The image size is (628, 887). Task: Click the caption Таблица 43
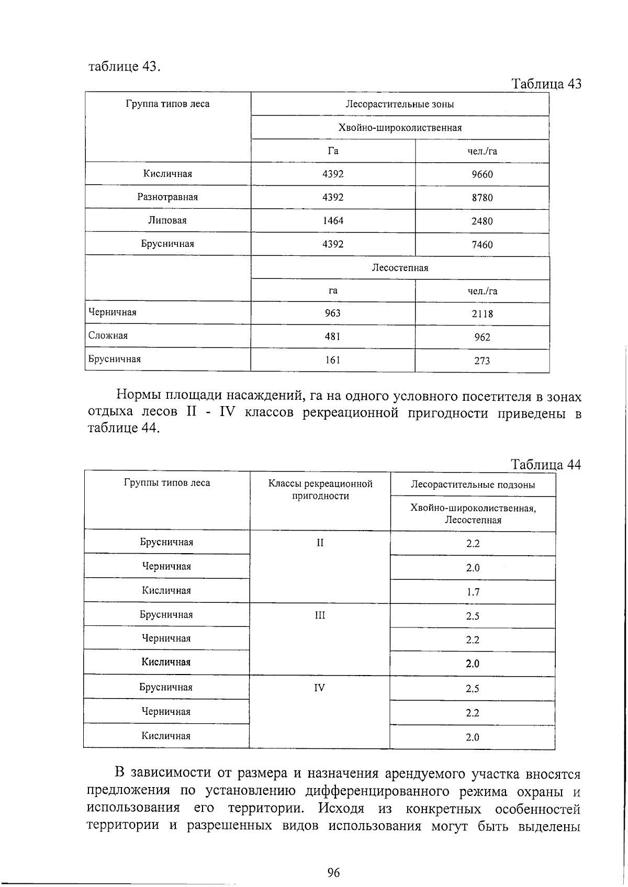(x=546, y=84)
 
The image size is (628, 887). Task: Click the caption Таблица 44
(x=545, y=465)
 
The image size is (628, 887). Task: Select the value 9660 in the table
(x=482, y=175)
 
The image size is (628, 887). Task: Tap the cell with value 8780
(x=482, y=198)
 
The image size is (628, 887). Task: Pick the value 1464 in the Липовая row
(x=333, y=221)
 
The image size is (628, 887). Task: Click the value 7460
(x=482, y=244)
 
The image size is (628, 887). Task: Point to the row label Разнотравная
(x=167, y=197)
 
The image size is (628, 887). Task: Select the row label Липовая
(x=167, y=220)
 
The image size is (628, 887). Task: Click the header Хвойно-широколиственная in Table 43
(x=400, y=128)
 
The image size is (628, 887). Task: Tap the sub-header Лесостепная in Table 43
(x=400, y=268)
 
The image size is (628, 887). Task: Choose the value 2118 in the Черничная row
(x=482, y=314)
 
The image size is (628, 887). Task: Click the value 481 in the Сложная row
(x=333, y=336)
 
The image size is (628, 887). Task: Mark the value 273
(x=482, y=361)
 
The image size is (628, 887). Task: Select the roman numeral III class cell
(x=320, y=615)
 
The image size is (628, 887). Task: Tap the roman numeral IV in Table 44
(x=319, y=688)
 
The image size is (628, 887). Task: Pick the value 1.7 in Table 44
(x=473, y=592)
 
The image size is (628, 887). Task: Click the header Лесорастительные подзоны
(x=473, y=485)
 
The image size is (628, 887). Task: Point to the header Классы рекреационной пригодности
(x=320, y=489)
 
